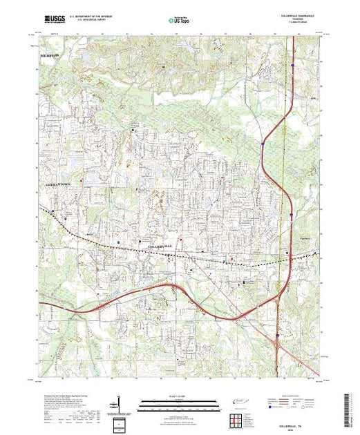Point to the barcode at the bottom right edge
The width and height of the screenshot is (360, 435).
(350, 407)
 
